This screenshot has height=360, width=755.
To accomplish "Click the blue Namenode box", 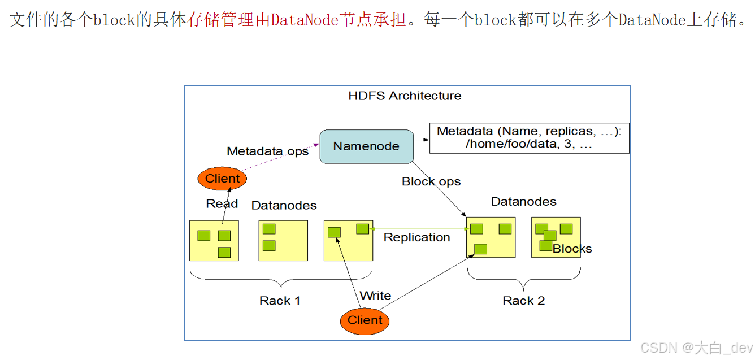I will click(366, 146).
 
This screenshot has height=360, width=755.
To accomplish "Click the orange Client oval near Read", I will click(222, 179).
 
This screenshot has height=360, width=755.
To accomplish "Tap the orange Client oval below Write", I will click(365, 320).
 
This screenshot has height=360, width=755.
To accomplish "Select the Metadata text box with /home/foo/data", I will click(529, 138).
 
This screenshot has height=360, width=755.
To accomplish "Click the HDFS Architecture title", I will click(405, 96).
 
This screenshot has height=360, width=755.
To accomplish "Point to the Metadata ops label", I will click(267, 151).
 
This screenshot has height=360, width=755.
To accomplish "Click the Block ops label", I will click(431, 181).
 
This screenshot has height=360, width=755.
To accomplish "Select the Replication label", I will click(416, 237).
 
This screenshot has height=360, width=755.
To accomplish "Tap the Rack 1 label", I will click(280, 301).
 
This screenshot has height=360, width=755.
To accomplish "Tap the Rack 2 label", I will click(523, 301).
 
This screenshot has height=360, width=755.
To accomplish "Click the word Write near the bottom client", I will click(375, 296).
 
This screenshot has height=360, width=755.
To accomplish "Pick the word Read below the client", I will click(222, 203).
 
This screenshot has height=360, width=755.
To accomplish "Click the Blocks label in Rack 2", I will click(572, 249).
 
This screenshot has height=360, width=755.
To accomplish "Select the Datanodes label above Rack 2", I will click(523, 202).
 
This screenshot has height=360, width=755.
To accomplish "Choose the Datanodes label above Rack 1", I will click(284, 205).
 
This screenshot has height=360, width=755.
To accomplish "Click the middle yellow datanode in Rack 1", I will click(283, 240).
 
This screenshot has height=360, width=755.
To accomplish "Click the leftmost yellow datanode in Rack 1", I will click(214, 240).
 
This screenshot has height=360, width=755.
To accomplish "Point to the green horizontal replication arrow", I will click(418, 229).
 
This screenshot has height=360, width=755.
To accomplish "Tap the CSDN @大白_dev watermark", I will click(697, 347).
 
